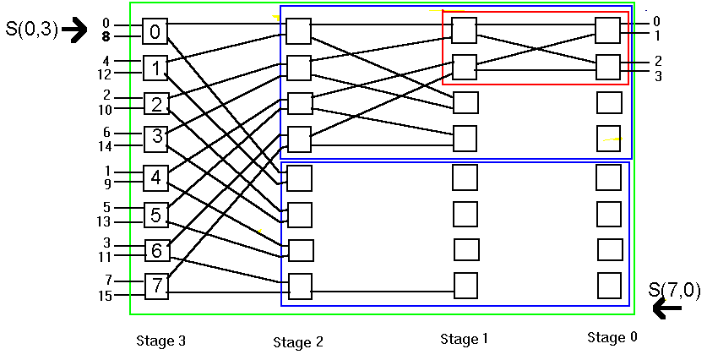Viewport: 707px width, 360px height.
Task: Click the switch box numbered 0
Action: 155,32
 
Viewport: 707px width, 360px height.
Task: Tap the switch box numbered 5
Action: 156,215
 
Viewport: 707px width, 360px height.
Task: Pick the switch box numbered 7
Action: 156,286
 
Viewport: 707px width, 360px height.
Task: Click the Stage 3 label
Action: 160,341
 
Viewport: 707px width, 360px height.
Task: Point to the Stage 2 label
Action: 297,342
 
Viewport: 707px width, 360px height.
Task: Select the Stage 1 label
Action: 464,339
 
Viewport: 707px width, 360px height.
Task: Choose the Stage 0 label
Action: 612,338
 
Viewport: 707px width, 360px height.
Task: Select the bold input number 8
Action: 105,36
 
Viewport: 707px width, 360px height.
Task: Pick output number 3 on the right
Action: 656,76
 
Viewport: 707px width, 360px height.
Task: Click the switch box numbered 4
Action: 156,178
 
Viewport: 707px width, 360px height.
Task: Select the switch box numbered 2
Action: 156,104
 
